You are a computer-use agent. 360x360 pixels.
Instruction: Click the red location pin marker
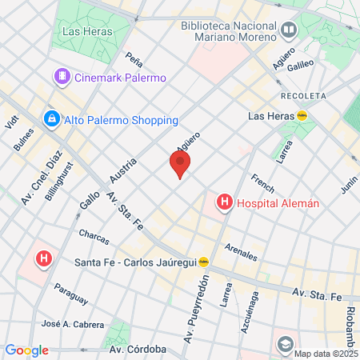tap(180, 165)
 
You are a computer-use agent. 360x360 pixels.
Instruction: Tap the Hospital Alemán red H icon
tap(225, 203)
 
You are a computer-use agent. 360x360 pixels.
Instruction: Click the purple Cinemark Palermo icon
tap(62, 78)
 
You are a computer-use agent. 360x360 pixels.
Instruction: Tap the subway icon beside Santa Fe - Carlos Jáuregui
tap(204, 262)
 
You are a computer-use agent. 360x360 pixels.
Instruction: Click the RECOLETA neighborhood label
tap(304, 95)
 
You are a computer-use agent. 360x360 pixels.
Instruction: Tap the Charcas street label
tap(94, 238)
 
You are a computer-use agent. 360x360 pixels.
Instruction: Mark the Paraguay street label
tap(70, 294)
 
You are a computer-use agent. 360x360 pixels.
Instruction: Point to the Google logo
tap(26, 350)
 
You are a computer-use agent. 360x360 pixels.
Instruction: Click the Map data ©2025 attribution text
tap(325, 354)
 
